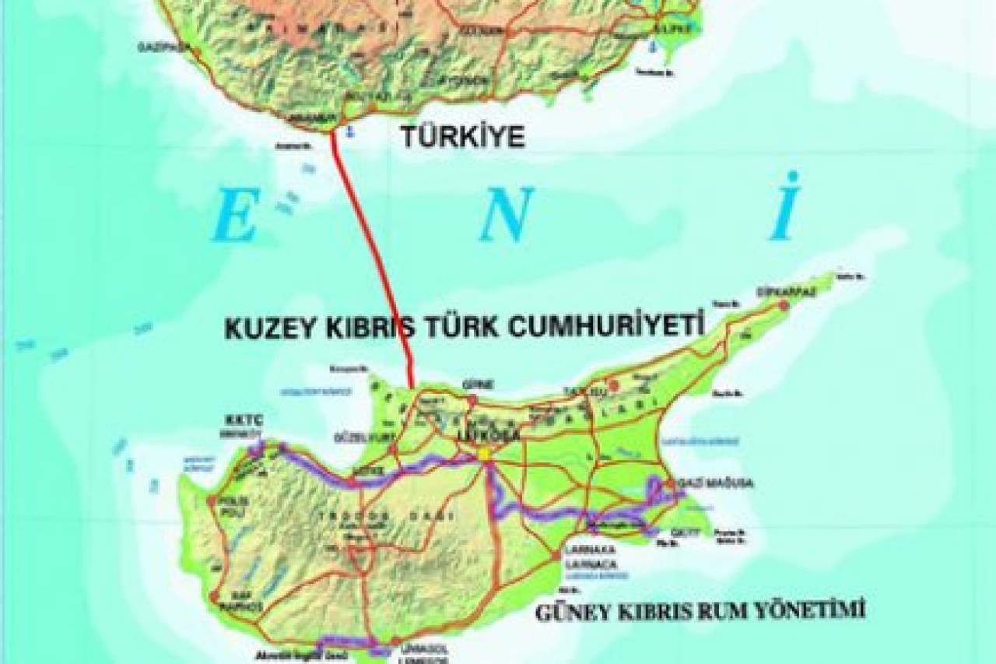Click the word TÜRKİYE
coord(462,138)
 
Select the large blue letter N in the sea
coord(506,215)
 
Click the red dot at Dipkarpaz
coord(784,306)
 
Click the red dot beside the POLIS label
coord(211,501)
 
